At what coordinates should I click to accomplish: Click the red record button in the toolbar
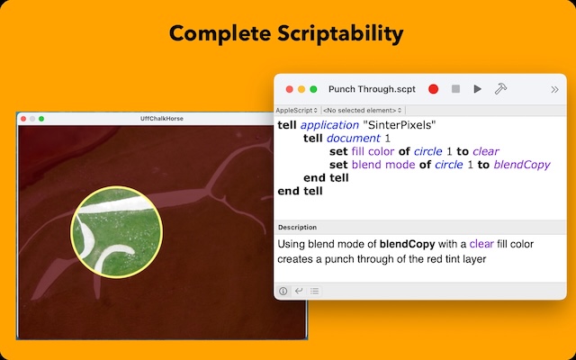pyautogui.click(x=434, y=89)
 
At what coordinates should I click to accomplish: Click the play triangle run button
pyautogui.click(x=477, y=89)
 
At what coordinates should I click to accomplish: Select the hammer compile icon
pyautogui.click(x=500, y=89)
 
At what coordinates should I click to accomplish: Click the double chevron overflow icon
pyautogui.click(x=554, y=89)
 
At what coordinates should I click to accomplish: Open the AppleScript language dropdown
pyautogui.click(x=297, y=110)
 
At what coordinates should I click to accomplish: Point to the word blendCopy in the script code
pyautogui.click(x=522, y=165)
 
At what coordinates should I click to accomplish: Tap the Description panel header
pyautogui.click(x=297, y=227)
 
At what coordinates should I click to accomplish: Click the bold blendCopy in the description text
pyautogui.click(x=408, y=243)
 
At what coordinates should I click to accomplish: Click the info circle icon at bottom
pyautogui.click(x=283, y=291)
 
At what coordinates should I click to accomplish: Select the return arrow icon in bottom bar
pyautogui.click(x=298, y=291)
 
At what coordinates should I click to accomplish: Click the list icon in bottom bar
pyautogui.click(x=314, y=291)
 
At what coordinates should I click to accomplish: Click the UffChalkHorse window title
pyautogui.click(x=163, y=119)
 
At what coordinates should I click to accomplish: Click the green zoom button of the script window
pyautogui.click(x=313, y=89)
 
